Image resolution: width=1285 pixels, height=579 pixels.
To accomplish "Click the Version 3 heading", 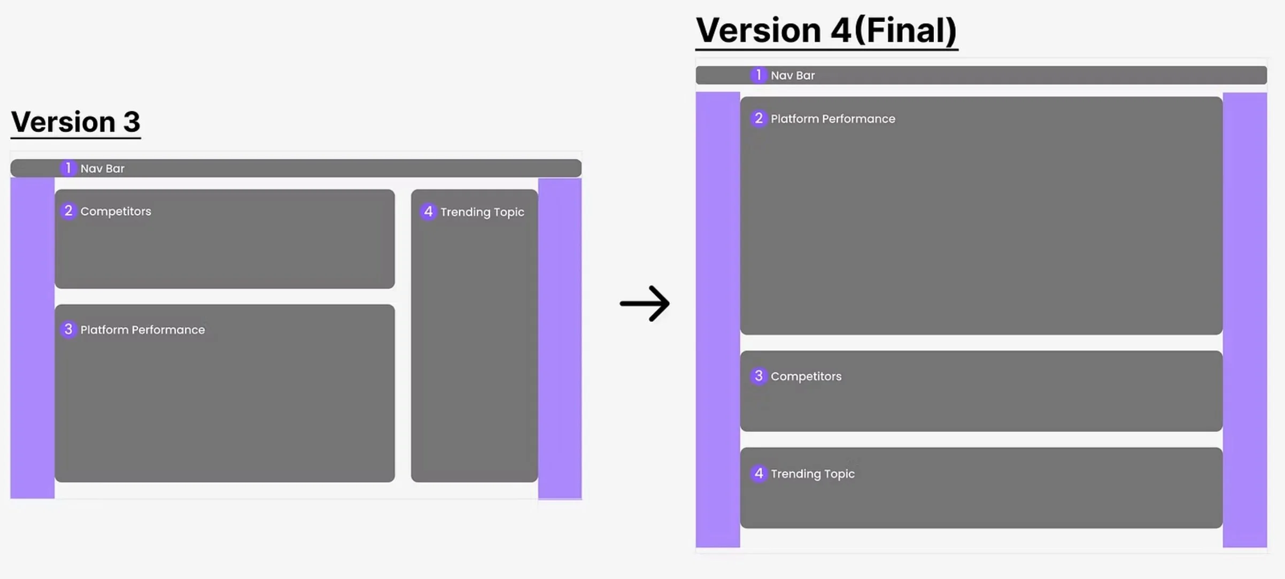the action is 75,122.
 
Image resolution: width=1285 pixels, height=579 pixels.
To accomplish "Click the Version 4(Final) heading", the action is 826,30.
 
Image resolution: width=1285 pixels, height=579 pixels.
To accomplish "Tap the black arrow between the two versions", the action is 645,304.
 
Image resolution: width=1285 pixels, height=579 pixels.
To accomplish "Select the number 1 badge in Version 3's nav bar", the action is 68,168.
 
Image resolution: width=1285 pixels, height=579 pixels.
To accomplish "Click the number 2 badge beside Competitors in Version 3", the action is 68,211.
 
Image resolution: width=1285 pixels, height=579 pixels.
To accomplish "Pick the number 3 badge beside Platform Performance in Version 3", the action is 68,329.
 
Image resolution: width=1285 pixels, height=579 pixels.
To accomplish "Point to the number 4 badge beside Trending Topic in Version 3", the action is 428,212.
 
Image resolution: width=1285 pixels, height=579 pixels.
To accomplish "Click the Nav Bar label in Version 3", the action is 102,169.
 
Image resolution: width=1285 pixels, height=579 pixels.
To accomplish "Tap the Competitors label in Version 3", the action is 115,212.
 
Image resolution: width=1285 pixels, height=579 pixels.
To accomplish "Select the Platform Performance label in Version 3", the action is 142,330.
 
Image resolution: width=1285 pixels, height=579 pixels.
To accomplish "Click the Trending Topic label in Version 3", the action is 482,212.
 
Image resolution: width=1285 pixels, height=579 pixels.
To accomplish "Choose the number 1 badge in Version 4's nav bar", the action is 758,75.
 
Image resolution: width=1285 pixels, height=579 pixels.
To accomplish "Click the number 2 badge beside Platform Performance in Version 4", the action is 758,118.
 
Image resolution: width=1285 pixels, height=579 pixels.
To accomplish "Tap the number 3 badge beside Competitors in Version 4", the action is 758,376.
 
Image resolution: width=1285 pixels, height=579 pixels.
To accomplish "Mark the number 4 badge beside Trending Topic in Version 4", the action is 758,473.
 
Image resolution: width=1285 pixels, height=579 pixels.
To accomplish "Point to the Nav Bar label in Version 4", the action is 793,76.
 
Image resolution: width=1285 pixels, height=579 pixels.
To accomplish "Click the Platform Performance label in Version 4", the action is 833,119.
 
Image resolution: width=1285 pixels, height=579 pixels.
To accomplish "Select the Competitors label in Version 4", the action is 806,376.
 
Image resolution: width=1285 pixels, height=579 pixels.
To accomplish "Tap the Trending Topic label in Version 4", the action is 812,474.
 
